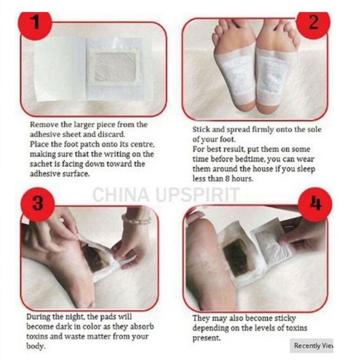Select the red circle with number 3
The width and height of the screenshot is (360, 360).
coord(37,203)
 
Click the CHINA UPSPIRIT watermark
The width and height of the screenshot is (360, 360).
coord(166,195)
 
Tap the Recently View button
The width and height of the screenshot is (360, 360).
coord(313,346)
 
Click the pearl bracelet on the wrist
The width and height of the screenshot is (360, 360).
coord(136,220)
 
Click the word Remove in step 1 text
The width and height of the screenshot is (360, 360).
coord(42,125)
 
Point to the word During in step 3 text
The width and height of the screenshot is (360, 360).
coord(39,317)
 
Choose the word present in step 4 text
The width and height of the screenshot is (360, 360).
coord(206,337)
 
